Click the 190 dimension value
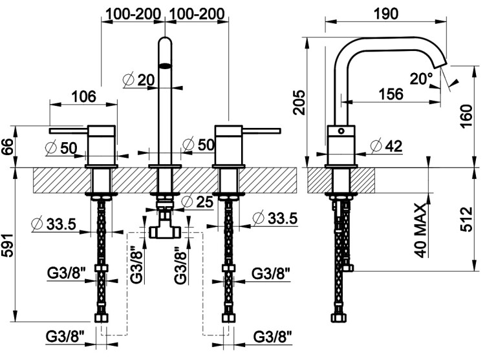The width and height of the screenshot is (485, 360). tap(386, 13)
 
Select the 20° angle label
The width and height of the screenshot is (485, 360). tap(421, 78)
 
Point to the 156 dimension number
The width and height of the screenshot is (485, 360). tap(390, 93)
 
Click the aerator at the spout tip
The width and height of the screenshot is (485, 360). tap(166, 64)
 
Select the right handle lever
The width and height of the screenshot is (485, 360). tap(261, 130)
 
